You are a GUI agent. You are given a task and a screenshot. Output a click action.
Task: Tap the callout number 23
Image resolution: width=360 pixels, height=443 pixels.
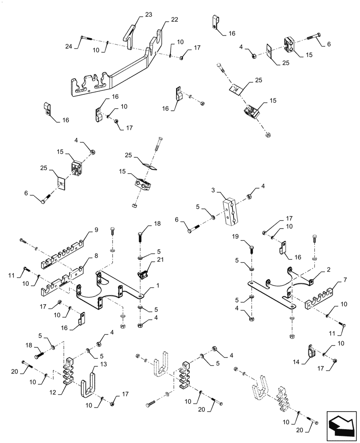coord(148,15)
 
